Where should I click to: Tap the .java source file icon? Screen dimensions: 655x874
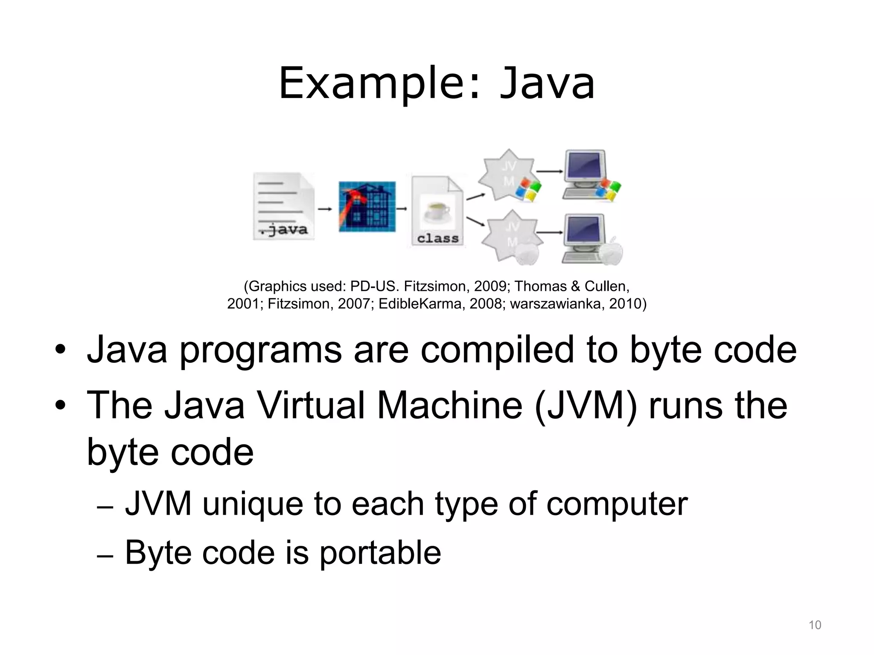coord(283,206)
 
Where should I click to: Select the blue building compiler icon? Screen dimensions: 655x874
coord(367,207)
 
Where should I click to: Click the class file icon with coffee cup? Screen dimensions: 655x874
coord(437,211)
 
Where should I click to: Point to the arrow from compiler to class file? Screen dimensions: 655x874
coord(402,209)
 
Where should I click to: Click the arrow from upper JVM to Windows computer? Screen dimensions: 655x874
coord(550,171)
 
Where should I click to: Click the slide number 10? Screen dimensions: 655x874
coord(815,625)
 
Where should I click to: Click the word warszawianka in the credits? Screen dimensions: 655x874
coord(555,304)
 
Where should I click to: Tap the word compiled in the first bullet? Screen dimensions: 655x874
coord(497,350)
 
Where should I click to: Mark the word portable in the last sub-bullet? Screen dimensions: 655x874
coord(380,553)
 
